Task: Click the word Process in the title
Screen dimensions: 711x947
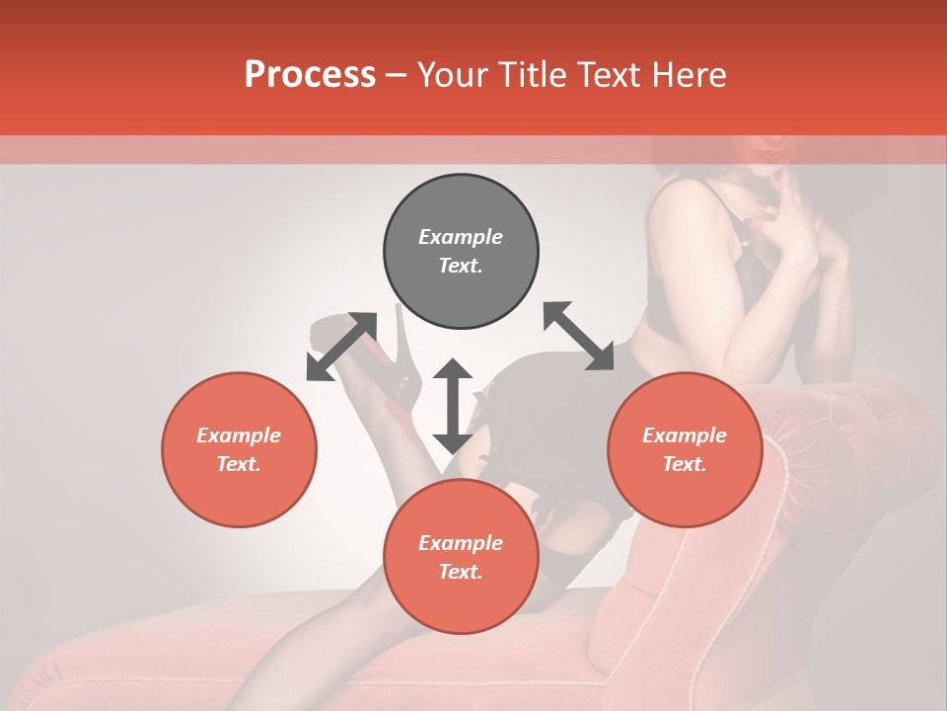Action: pyautogui.click(x=310, y=75)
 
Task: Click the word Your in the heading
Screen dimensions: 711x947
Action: pyautogui.click(x=454, y=75)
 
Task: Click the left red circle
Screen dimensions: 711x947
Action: pyautogui.click(x=239, y=449)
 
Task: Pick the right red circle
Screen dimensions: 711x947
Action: pyautogui.click(x=685, y=449)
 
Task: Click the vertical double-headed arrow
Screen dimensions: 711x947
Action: pyautogui.click(x=453, y=406)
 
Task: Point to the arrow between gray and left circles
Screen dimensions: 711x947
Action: pyautogui.click(x=341, y=347)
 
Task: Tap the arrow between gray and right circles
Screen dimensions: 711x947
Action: pyautogui.click(x=578, y=336)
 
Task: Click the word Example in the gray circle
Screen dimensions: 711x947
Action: pyautogui.click(x=461, y=237)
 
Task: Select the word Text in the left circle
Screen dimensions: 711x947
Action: pyautogui.click(x=239, y=464)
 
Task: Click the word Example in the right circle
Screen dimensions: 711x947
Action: pyautogui.click(x=685, y=435)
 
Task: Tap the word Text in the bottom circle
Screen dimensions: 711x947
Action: pyautogui.click(x=461, y=572)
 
